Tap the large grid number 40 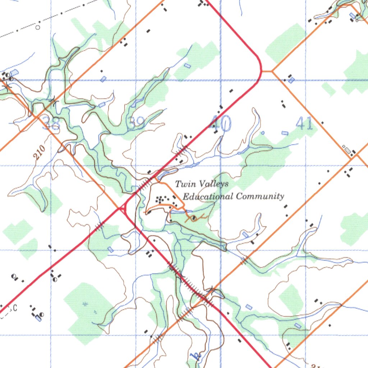pyautogui.click(x=220, y=124)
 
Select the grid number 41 pyautogui.click(x=304, y=124)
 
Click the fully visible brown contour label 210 pyautogui.click(x=40, y=152)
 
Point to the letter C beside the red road pyautogui.click(x=15, y=308)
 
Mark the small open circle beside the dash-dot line pyautogui.click(x=38, y=27)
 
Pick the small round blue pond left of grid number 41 pyautogui.click(x=263, y=133)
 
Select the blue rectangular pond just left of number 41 pyautogui.click(x=285, y=133)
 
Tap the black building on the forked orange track pyautogui.click(x=194, y=217)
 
